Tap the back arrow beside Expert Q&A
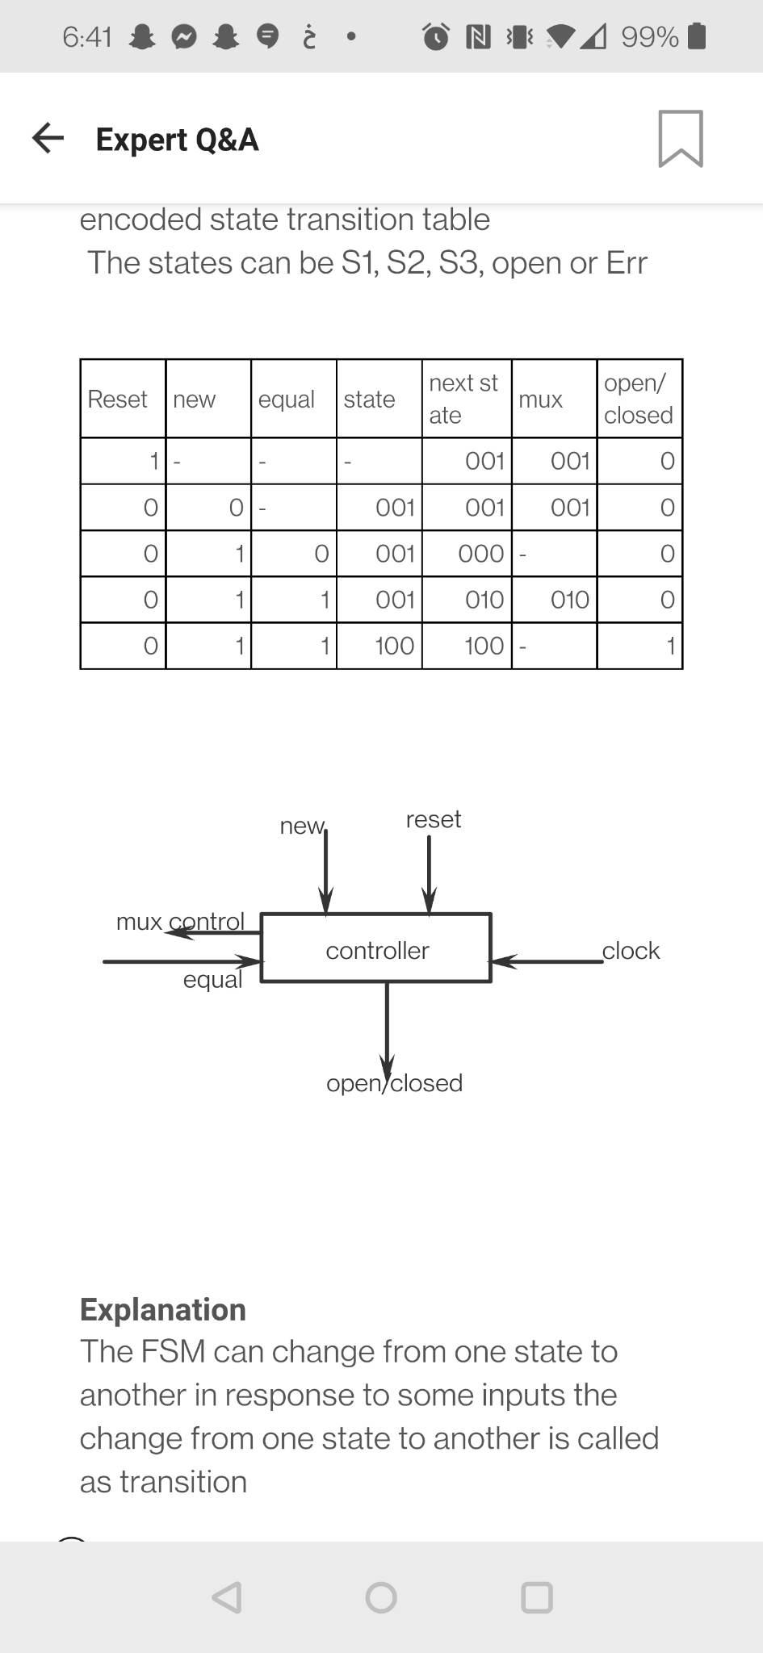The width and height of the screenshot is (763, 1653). pos(48,138)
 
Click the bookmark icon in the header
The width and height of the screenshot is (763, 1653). pos(681,139)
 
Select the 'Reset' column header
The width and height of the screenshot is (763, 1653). pos(118,399)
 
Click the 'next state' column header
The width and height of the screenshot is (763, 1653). pos(463,399)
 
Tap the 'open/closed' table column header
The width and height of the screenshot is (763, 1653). pos(638,399)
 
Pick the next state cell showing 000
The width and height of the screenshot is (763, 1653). pos(481,554)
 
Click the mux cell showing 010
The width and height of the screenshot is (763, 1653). pos(569,600)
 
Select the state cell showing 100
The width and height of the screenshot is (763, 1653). pos(395,646)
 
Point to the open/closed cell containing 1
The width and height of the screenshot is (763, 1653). pos(669,646)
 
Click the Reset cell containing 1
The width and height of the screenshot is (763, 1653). pos(153,461)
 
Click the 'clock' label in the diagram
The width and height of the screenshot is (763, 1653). pos(631,951)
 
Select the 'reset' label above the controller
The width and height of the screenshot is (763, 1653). pos(434,819)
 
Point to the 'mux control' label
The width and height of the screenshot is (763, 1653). pos(180,921)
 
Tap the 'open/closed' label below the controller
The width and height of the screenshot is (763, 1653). pos(394,1083)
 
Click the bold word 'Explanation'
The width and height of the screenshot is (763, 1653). pos(163,1309)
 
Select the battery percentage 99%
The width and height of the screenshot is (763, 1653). pos(649,36)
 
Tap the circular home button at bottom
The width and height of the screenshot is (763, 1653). pos(381,1597)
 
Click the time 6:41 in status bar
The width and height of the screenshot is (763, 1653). pos(87,36)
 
